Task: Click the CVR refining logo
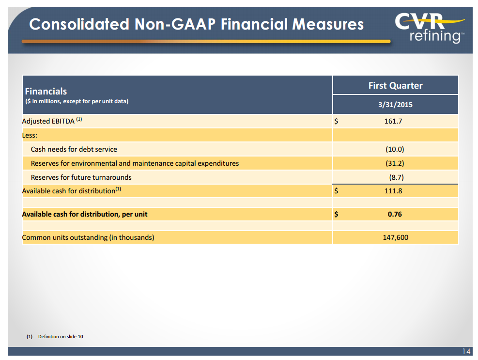tap(429, 28)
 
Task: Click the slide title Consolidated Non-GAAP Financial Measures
tap(196, 24)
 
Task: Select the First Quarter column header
tap(395, 86)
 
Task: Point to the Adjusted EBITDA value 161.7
tap(393, 121)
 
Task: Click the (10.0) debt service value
tap(395, 149)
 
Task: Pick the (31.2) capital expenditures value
tap(395, 163)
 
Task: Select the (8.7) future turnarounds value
tap(397, 177)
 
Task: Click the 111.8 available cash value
tap(393, 191)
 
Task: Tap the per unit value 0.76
tap(395, 214)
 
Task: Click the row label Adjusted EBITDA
tap(48, 121)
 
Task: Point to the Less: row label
tap(30, 135)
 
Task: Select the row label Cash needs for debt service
tap(74, 149)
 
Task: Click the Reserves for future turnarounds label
tap(81, 177)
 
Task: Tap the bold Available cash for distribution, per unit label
tap(85, 214)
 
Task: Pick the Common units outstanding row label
tap(88, 237)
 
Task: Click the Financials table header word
tap(46, 91)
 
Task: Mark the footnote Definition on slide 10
tap(60, 336)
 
